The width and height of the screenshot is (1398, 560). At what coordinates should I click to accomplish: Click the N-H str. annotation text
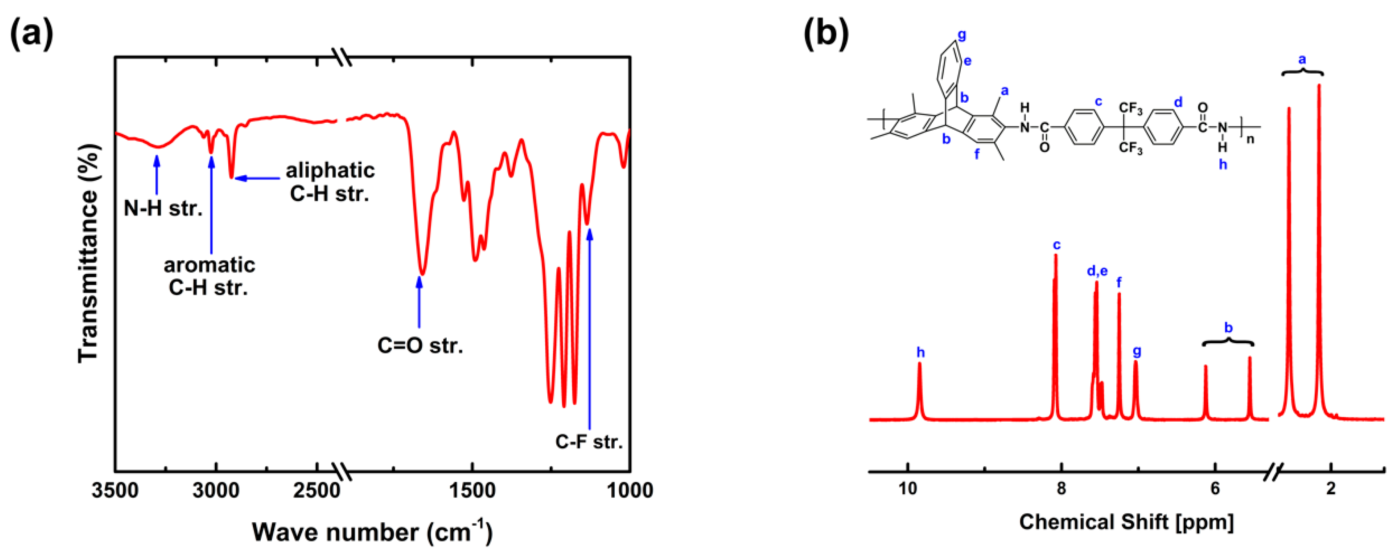coord(163,208)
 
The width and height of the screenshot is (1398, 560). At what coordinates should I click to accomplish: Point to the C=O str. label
coord(420,345)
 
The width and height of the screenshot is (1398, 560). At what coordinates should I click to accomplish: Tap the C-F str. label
coord(589,442)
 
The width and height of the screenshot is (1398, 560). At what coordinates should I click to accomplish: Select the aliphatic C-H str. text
coord(330,182)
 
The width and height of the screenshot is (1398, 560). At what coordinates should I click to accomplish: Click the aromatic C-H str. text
coord(209,275)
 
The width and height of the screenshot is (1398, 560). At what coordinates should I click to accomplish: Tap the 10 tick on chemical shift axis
coord(907,489)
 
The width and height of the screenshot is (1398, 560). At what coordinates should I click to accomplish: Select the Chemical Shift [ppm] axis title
coord(1126,522)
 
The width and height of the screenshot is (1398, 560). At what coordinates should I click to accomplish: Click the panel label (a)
coord(32,34)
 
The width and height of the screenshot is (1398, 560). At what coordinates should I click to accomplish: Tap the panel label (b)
coord(826,34)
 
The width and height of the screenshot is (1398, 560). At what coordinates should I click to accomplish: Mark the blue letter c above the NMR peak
coord(1056,245)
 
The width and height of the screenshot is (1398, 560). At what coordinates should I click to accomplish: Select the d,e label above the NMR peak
coord(1097,271)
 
